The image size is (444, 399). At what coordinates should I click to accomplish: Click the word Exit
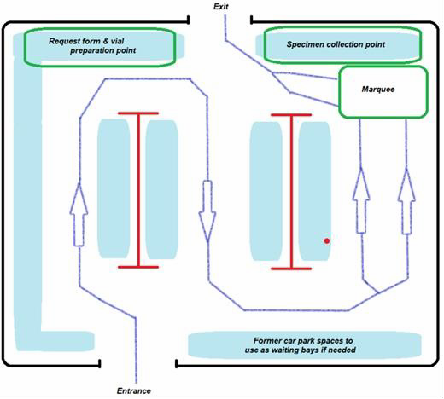(221, 7)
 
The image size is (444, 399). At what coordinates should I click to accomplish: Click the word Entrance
(134, 390)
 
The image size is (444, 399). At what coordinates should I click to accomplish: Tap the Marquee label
(378, 90)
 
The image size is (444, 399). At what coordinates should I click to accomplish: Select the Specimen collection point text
(336, 44)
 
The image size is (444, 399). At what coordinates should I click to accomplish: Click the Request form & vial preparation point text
(92, 46)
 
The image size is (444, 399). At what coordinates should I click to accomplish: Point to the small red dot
(327, 241)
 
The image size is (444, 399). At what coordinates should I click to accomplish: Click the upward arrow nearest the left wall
(79, 214)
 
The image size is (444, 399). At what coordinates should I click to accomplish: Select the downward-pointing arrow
(207, 211)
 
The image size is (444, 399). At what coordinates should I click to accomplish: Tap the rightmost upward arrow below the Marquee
(406, 201)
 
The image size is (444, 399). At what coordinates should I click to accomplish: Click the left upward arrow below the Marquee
(361, 200)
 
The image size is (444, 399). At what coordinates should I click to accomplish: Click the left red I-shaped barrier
(138, 190)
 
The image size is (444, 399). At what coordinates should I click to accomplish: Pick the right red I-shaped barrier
(291, 192)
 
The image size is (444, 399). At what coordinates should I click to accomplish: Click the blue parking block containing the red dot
(315, 191)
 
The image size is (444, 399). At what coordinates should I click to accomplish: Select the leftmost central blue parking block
(114, 188)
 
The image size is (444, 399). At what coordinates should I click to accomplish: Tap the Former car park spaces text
(301, 345)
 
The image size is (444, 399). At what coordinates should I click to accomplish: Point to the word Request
(64, 41)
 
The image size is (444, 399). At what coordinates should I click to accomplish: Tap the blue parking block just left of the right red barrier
(266, 191)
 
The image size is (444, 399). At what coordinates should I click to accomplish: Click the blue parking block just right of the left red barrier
(162, 189)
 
